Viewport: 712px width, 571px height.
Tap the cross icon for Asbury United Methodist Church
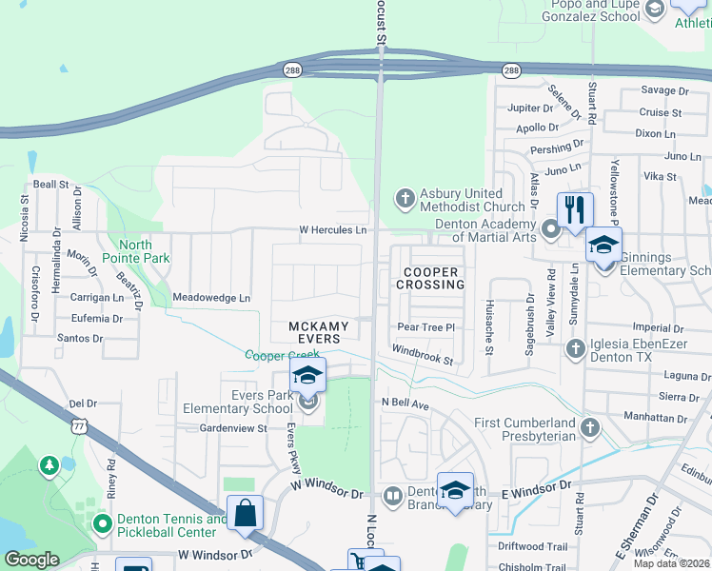[405, 198]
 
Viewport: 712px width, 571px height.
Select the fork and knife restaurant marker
[574, 209]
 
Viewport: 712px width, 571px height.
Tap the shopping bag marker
[246, 512]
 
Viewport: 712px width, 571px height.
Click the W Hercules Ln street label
[332, 230]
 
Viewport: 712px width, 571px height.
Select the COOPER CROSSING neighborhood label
[428, 279]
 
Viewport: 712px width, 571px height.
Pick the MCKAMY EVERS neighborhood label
[319, 333]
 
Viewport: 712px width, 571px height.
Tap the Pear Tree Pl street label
[426, 327]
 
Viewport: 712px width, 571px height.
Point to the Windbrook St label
[421, 356]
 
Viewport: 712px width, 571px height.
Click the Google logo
[31, 560]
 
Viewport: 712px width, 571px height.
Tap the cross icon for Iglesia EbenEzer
[575, 348]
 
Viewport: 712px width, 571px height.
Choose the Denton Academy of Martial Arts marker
[550, 229]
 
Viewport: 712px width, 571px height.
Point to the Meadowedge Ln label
[211, 298]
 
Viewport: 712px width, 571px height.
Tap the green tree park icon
[48, 464]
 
